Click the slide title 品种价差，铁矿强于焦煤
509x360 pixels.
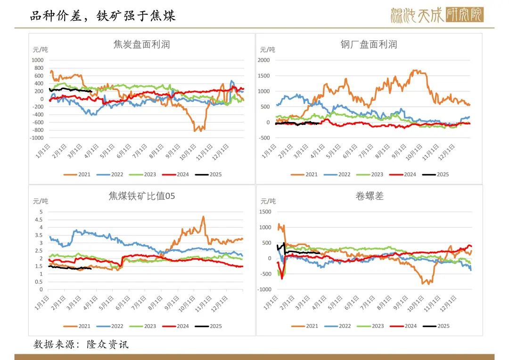[102, 16]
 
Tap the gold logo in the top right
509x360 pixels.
[437, 15]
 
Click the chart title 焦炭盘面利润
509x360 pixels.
[141, 45]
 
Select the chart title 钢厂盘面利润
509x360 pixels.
[369, 45]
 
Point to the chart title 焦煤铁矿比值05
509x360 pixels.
[141, 196]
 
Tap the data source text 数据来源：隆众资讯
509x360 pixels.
[81, 344]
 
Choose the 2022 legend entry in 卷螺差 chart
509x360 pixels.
[339, 326]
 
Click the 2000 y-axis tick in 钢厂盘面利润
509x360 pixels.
[263, 60]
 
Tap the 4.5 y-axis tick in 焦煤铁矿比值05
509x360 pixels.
[40, 220]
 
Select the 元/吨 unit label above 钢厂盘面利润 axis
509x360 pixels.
[267, 49]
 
